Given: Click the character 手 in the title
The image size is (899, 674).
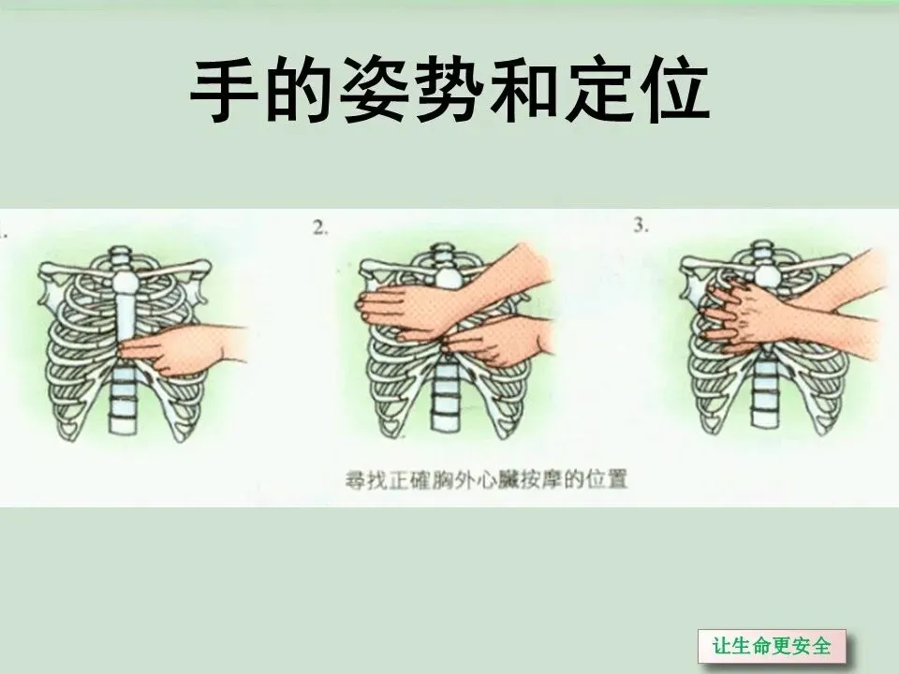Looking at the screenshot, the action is pos(224,90).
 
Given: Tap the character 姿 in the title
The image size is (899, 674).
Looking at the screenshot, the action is pos(375,90).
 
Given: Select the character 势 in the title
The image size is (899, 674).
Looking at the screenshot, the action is pos(449,90).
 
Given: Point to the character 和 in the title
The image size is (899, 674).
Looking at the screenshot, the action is pos(524,90).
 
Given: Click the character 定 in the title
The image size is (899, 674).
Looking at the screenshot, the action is pos(599,90).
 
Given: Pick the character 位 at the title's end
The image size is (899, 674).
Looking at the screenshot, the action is pos(675,90).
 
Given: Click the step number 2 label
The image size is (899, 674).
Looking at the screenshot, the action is pos(320,228).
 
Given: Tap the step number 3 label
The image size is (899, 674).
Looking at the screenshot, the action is pos(641,226).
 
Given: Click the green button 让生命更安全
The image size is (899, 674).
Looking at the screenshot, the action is pos(772,645).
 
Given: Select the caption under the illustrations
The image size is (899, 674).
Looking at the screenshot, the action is pos(486,479).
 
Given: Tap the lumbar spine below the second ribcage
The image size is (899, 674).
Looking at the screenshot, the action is pos(446,395).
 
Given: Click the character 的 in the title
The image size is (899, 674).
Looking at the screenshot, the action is pos(300,90).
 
